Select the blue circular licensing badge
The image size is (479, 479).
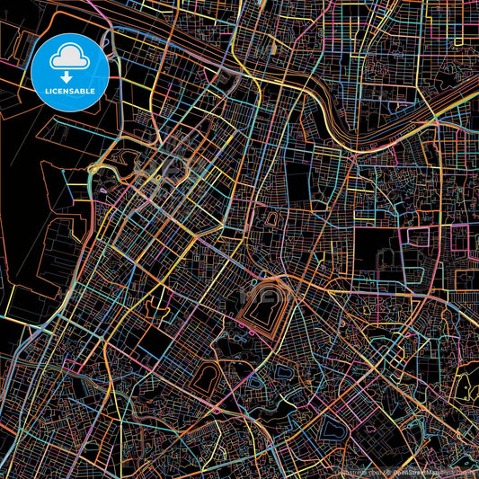(70, 73)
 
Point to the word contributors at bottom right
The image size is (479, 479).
(458, 470)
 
